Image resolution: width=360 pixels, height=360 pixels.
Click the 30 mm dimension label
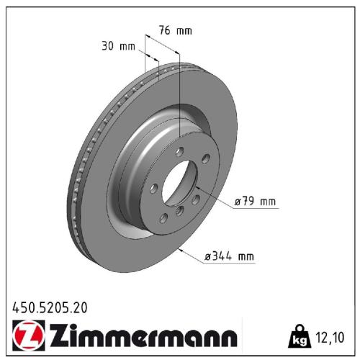click(x=118, y=47)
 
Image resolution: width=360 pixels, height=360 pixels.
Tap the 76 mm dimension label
click(x=175, y=30)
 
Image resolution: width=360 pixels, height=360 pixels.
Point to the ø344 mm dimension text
click(x=230, y=256)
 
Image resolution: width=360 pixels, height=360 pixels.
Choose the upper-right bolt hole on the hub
click(x=205, y=158)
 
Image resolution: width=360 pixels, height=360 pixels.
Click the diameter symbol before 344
click(x=209, y=256)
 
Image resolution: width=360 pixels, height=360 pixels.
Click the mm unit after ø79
click(x=267, y=202)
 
